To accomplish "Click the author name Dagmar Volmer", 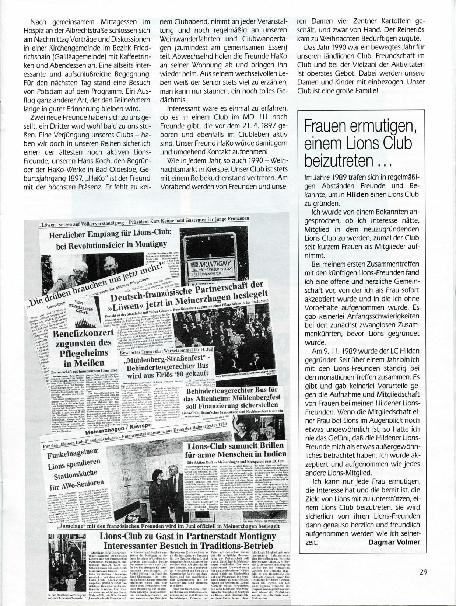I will [394, 542].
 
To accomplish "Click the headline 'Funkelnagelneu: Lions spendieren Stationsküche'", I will [74, 469].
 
